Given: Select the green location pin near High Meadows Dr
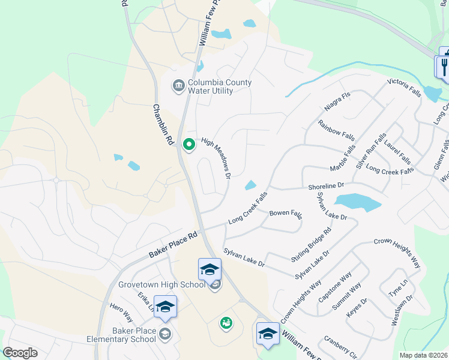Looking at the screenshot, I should point(188,145).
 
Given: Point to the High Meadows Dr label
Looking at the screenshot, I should point(216,158).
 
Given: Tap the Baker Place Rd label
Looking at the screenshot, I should point(173,246).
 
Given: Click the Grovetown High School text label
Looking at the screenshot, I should point(161,284).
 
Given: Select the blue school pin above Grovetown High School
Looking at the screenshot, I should point(210,269).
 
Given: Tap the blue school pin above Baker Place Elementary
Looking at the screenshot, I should point(165,307).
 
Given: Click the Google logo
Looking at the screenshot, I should point(20,353).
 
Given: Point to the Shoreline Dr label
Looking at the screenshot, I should point(326,187).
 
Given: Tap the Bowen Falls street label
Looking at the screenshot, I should point(286,213).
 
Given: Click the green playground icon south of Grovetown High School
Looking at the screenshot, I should point(226,323).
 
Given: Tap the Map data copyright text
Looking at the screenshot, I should point(423,355).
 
